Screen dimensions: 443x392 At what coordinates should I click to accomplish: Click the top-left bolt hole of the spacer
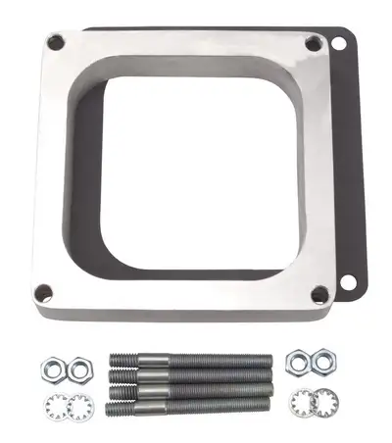tap(55, 42)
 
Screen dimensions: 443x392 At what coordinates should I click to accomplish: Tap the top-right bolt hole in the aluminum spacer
tap(314, 44)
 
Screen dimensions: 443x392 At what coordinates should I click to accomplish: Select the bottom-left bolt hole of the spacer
tap(43, 292)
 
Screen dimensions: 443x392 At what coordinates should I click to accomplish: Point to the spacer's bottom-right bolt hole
tap(319, 293)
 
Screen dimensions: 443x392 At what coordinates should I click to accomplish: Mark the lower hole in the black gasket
tap(348, 282)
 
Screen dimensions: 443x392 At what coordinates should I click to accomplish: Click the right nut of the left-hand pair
tap(82, 369)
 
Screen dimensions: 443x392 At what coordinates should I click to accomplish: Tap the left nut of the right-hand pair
tap(297, 363)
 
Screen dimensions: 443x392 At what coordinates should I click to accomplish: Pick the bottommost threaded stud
tap(191, 404)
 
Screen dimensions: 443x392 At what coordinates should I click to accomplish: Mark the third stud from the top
tap(190, 388)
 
